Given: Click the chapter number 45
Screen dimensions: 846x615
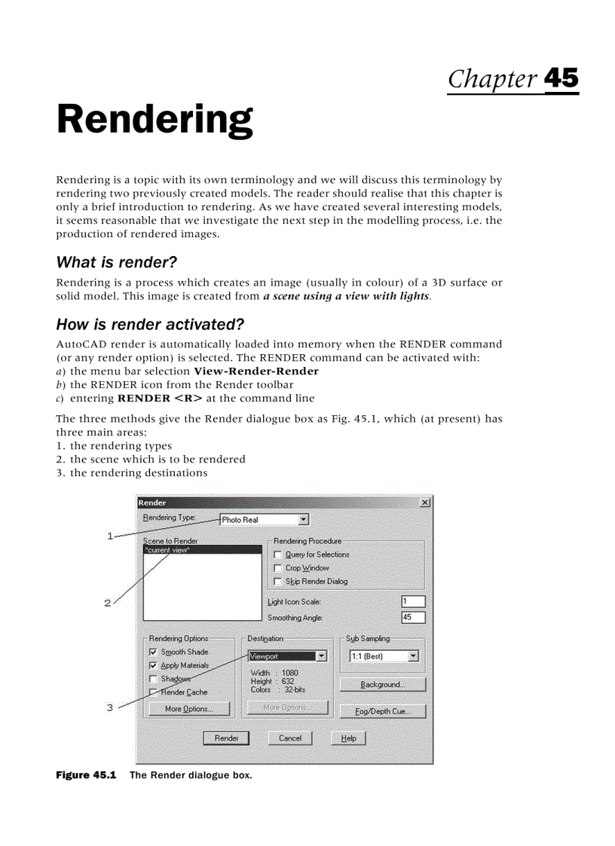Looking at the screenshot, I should tap(561, 79).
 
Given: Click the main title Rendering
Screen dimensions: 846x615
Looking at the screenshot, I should tap(155, 120).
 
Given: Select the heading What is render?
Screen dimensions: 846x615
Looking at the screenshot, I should tap(116, 262).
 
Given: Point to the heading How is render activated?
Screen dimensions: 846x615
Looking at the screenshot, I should tap(151, 325).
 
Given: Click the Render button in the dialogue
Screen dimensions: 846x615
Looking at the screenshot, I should tap(226, 738).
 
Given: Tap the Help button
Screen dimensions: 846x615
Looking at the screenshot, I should tap(348, 738).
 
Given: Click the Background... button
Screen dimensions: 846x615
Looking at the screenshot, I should tap(382, 685).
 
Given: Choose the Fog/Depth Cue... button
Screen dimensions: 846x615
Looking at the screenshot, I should tap(382, 711).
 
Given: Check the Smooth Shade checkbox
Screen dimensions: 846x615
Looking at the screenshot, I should tap(154, 652).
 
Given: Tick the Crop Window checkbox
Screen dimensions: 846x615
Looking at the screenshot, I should tap(277, 568).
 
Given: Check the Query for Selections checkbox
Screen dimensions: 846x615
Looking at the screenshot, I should tap(277, 554).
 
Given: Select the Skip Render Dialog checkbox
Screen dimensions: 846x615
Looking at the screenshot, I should tap(277, 582).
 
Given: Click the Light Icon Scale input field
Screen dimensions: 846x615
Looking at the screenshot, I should tap(413, 601).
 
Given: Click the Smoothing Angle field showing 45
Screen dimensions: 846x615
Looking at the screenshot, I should tap(413, 618).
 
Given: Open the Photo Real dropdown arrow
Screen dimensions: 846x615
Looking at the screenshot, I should tap(303, 519).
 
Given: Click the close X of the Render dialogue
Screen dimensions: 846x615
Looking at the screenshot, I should tap(425, 502).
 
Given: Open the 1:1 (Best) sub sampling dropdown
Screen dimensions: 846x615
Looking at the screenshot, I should tap(413, 656).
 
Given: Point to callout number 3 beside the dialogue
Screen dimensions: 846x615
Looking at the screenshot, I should tap(110, 707).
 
